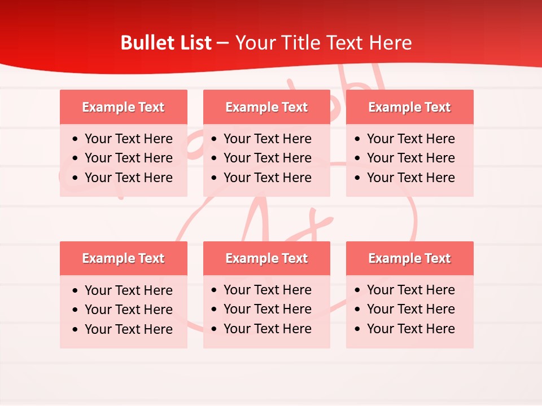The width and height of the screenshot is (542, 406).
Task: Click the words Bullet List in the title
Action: (x=166, y=43)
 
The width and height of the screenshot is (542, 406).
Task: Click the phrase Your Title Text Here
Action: (x=324, y=43)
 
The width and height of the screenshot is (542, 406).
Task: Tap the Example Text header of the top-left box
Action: (x=123, y=107)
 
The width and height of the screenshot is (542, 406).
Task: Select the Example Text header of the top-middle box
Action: (x=266, y=107)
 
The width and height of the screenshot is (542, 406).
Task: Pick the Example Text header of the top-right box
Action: (x=409, y=107)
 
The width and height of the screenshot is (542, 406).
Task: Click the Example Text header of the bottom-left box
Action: (x=123, y=258)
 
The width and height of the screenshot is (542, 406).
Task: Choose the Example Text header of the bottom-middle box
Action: (x=266, y=258)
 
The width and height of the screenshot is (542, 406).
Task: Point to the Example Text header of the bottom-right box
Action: (x=409, y=258)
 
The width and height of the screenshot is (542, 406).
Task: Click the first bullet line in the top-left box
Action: (x=128, y=139)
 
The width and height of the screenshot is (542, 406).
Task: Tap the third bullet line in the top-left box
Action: (x=128, y=178)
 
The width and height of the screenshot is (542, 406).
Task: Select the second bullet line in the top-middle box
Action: (x=267, y=158)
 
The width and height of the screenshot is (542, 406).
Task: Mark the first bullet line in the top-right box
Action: (x=410, y=139)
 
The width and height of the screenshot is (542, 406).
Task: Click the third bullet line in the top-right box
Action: (x=410, y=178)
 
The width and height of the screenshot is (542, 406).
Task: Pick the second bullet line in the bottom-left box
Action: (x=128, y=310)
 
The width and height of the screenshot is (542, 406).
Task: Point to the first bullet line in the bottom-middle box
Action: (x=267, y=290)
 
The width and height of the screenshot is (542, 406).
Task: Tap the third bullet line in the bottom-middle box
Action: (x=267, y=329)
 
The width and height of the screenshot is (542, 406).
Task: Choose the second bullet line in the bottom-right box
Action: (x=410, y=309)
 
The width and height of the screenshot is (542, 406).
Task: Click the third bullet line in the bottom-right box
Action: (x=410, y=329)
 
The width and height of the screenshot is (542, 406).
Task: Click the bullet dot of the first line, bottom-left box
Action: (x=76, y=291)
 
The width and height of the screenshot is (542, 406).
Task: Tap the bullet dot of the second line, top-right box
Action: (x=358, y=158)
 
